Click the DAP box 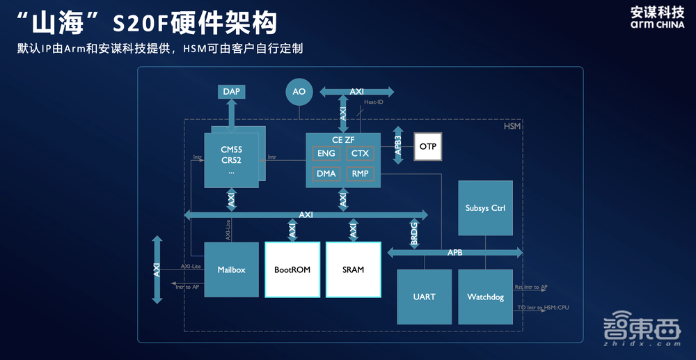[230, 91]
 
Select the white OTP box [428, 146]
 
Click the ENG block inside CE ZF [326, 153]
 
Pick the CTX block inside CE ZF [360, 153]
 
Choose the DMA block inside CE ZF [326, 173]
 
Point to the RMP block [360, 173]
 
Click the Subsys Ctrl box [485, 208]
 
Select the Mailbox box [231, 269]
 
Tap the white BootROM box [292, 269]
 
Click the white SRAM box [354, 269]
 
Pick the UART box [424, 297]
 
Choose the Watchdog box [485, 297]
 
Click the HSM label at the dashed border [512, 126]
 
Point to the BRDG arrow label [413, 233]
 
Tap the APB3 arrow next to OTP [398, 146]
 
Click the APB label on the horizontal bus [454, 253]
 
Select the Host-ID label [374, 102]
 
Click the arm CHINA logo [657, 24]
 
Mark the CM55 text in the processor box [231, 149]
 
